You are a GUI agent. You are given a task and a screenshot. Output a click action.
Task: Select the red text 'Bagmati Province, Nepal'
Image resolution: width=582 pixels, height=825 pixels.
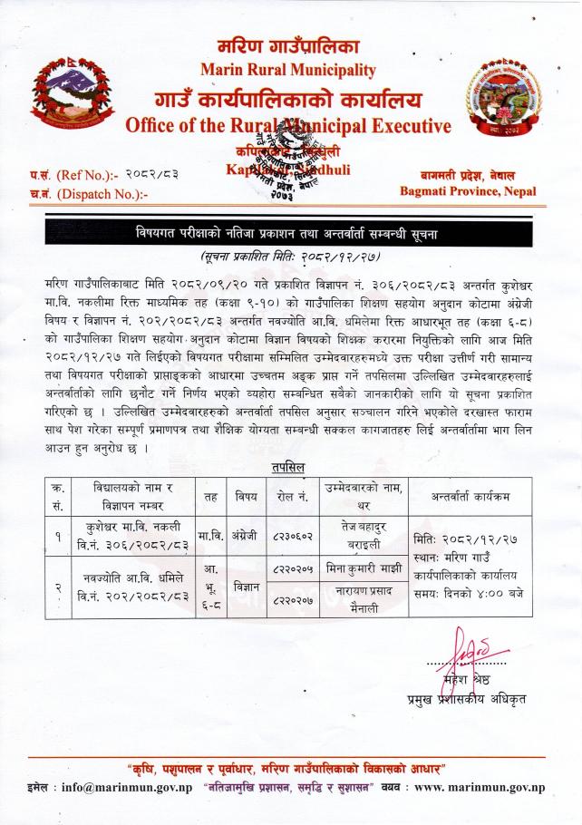click(x=467, y=191)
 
